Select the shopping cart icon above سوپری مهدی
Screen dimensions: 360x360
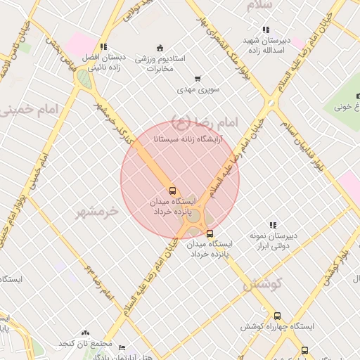pyautogui.click(x=197, y=79)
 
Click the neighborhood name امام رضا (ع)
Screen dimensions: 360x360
pyautogui.click(x=205, y=120)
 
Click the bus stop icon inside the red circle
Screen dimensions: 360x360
pyautogui.click(x=172, y=191)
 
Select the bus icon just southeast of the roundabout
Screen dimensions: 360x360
pyautogui.click(x=210, y=234)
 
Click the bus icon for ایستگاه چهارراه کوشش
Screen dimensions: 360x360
pyautogui.click(x=277, y=316)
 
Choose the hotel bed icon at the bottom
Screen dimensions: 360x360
pyautogui.click(x=122, y=347)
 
